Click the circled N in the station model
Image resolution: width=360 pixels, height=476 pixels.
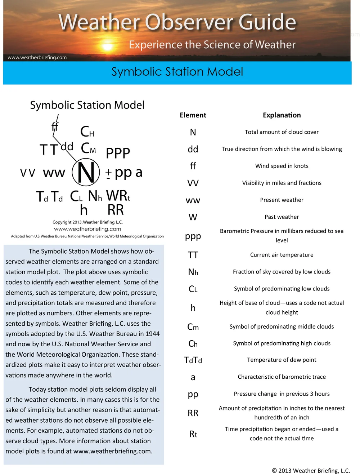[x=86, y=173]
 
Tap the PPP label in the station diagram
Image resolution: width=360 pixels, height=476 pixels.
[x=118, y=153]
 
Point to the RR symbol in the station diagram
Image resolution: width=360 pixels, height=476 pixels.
[x=116, y=210]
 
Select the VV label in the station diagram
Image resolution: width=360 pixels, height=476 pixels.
[x=28, y=173]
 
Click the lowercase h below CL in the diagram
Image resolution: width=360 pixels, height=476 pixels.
[x=84, y=210]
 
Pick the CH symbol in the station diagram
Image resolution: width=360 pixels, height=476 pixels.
[x=87, y=132]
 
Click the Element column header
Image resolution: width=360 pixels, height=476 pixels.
[x=193, y=115]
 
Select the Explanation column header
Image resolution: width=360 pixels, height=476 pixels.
[x=282, y=115]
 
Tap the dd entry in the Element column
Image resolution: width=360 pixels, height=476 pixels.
[x=193, y=149]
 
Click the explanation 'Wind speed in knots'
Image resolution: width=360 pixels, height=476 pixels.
[x=282, y=166]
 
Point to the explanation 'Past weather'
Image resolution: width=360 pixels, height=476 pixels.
[x=282, y=217]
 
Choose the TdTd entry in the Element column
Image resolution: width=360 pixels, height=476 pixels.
[x=193, y=360]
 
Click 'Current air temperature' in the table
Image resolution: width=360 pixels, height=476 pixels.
[x=282, y=255]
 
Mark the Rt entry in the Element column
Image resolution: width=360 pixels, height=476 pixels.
[x=193, y=434]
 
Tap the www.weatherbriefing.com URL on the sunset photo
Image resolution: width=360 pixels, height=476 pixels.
[x=37, y=57]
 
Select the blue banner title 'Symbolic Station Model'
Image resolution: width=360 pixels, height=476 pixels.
[x=177, y=72]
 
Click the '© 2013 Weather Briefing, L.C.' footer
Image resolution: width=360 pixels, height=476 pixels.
[x=311, y=471]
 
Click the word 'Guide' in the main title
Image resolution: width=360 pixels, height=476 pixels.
[x=267, y=22]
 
